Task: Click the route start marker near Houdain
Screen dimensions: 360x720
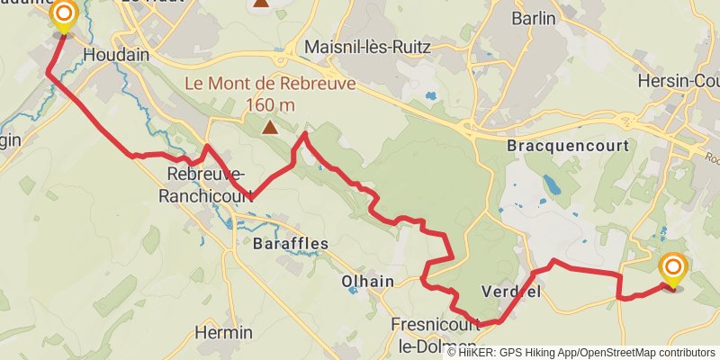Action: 63,14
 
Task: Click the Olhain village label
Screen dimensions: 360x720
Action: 367,282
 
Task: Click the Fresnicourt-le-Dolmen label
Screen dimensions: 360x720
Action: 439,332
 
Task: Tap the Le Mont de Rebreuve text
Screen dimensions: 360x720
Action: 270,85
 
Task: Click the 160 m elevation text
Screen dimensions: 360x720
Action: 270,105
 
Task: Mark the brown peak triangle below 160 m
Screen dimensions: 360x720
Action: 270,127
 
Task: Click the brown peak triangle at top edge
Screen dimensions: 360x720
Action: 260,3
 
